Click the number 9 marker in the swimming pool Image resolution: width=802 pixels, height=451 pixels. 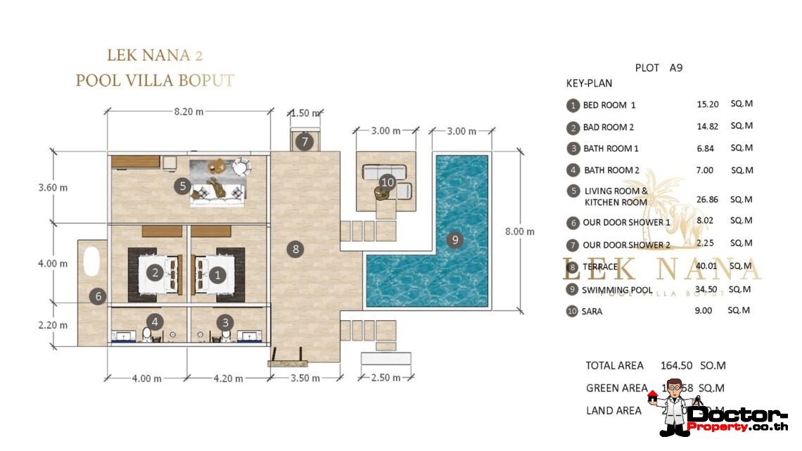(455, 240)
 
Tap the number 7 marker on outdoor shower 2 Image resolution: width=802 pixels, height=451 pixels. (304, 141)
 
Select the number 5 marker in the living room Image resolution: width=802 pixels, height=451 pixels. (182, 186)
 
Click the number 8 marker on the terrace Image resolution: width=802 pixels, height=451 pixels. (296, 248)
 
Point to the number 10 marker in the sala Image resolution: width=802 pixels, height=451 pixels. (387, 182)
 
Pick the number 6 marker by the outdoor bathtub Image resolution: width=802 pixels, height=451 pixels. (98, 297)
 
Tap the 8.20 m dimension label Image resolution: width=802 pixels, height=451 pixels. (189, 111)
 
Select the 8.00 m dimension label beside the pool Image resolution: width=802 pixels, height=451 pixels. (520, 231)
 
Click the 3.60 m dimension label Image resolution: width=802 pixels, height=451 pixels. (53, 188)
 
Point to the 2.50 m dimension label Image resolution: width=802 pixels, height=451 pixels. (386, 378)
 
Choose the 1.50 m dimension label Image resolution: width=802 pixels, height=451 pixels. (305, 113)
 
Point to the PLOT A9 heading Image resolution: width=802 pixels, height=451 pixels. (658, 68)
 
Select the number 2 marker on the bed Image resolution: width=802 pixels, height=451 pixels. (154, 272)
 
